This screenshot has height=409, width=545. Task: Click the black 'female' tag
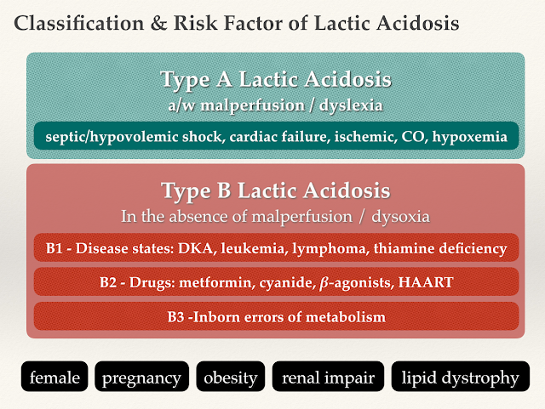coord(54,377)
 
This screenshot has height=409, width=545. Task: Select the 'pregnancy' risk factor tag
coord(142,377)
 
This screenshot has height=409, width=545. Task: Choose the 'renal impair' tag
coord(327,377)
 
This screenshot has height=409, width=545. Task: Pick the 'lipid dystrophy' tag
coord(460,377)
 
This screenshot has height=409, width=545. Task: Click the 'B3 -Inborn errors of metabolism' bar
coord(276,316)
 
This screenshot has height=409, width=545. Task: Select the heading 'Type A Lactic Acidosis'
coord(276,81)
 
